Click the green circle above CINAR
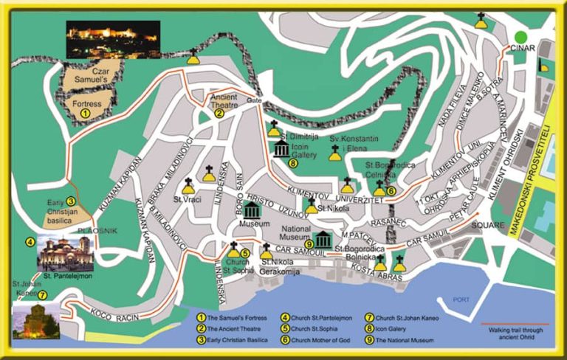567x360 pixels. tap(522, 36)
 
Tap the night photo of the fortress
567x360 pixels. tap(113, 39)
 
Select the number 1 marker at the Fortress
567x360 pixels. tap(86, 114)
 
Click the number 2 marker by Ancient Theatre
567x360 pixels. tap(219, 114)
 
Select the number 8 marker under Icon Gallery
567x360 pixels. tap(292, 163)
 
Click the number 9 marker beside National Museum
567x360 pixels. tap(309, 244)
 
